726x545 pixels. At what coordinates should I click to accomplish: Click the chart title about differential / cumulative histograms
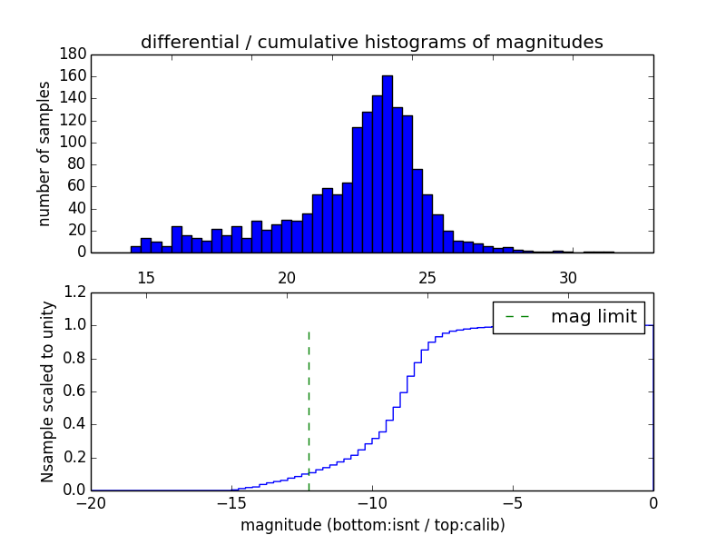coord(371,42)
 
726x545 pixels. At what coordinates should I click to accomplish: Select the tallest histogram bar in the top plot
coord(388,163)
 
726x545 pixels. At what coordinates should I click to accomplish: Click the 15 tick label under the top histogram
coord(145,277)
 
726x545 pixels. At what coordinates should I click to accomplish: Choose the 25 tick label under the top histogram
coord(427,277)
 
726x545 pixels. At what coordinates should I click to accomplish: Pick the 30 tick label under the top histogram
coord(568,277)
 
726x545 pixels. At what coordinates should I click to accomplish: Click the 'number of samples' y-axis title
coord(44,154)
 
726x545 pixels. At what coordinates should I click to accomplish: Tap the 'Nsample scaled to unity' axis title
coord(47,391)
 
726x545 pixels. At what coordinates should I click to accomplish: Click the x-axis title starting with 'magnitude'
coord(372,525)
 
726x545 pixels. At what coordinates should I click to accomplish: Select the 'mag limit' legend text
coord(594,317)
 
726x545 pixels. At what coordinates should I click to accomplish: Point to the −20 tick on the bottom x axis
coord(91,502)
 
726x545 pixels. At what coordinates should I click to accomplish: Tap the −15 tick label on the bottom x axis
coord(231,502)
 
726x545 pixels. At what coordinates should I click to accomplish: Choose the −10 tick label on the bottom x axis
coord(371,502)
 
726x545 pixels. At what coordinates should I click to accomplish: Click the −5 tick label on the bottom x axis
coord(512,502)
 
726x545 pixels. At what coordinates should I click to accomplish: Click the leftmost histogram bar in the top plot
coord(135,249)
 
